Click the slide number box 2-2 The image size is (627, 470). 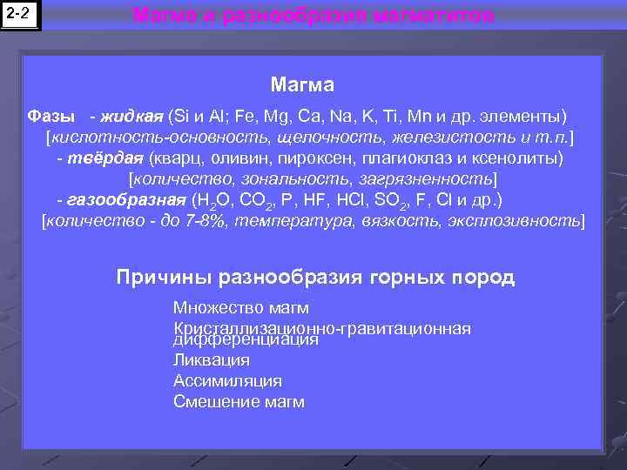coord(21,15)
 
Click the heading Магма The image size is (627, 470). coord(302,85)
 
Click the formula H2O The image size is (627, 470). coord(219,201)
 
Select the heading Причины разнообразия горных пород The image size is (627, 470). coord(315,278)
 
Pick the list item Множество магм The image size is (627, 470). coord(240,307)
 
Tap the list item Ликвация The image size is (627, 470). coord(211,359)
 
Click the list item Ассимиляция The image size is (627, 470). coord(227,380)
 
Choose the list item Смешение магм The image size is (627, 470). coord(239,401)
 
